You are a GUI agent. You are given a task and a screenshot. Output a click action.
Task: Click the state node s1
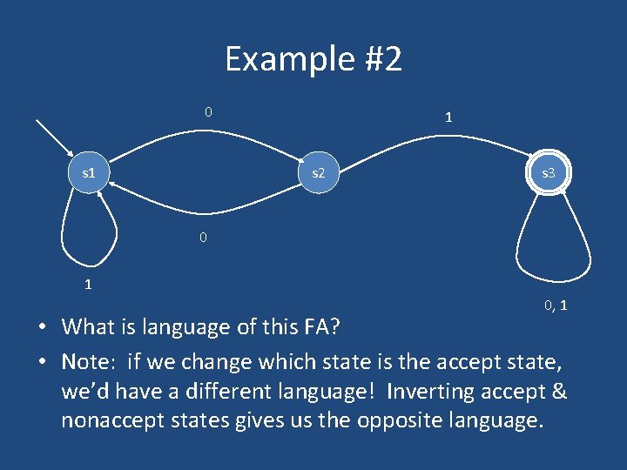tap(88, 173)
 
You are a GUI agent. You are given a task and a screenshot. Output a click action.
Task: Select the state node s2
tap(318, 173)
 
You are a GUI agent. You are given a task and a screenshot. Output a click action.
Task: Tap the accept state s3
tap(548, 173)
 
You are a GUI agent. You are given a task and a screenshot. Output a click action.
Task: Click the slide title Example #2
tap(313, 59)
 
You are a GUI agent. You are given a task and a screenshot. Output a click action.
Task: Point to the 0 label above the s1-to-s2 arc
tap(207, 111)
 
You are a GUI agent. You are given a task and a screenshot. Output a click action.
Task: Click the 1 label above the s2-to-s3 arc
tap(448, 117)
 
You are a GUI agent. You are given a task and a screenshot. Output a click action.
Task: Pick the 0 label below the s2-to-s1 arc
tap(202, 237)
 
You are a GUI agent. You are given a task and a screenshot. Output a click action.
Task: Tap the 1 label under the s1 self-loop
tap(88, 283)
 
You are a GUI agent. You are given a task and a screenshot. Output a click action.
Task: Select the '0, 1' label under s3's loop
tap(556, 305)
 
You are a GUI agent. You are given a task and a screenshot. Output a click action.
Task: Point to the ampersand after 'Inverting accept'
tap(557, 392)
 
